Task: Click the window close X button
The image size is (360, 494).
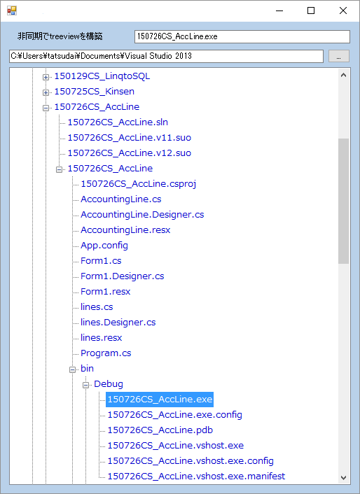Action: pos(343,10)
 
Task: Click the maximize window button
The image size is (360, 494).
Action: pos(311,10)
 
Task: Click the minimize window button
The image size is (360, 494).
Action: pos(279,10)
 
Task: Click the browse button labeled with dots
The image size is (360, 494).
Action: pos(338,56)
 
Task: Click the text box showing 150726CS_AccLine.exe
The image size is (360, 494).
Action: pos(242,36)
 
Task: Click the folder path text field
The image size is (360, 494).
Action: pos(166,56)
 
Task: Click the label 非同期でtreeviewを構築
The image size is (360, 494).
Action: pos(60,36)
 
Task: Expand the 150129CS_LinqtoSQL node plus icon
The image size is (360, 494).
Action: pos(46,77)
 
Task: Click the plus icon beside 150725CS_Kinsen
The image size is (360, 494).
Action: pos(46,92)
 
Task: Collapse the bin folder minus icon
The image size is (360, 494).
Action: pos(73,370)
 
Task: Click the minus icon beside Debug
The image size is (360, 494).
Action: pos(85,386)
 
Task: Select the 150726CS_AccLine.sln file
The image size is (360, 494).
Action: pos(118,122)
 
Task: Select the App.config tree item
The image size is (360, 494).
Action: pos(104,246)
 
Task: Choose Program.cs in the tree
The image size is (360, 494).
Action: pos(106,353)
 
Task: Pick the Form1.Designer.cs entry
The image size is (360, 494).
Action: pos(123,276)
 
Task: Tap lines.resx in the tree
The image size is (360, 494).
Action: pos(101,338)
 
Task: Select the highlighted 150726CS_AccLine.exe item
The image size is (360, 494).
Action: pos(160,400)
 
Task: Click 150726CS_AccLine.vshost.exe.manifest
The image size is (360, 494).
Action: pos(196,477)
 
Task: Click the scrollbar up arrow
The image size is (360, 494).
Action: pos(344,75)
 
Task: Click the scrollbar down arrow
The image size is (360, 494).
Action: pos(344,478)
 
